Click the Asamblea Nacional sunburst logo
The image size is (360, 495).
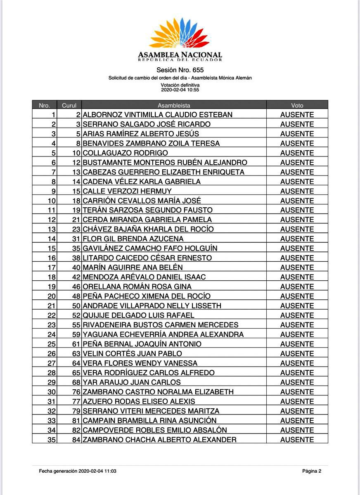pos(180,34)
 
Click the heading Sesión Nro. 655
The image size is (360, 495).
pos(180,70)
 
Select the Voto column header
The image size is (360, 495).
pos(297,105)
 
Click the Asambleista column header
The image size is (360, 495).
pos(174,105)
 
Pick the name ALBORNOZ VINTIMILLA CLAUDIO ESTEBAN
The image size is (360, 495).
pos(158,115)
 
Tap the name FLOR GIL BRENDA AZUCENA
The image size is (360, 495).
pos(133,239)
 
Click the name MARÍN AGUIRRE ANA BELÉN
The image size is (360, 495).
pos(133,268)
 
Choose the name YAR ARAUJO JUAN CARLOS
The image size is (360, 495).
pos(132,382)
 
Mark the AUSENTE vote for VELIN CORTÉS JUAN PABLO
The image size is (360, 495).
pos(297,354)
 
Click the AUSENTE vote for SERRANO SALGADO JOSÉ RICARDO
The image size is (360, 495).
pos(297,124)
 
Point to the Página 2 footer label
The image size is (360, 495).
pos(312,471)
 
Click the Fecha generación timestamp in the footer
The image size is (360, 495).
pos(78,471)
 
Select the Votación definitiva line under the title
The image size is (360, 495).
pos(180,85)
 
